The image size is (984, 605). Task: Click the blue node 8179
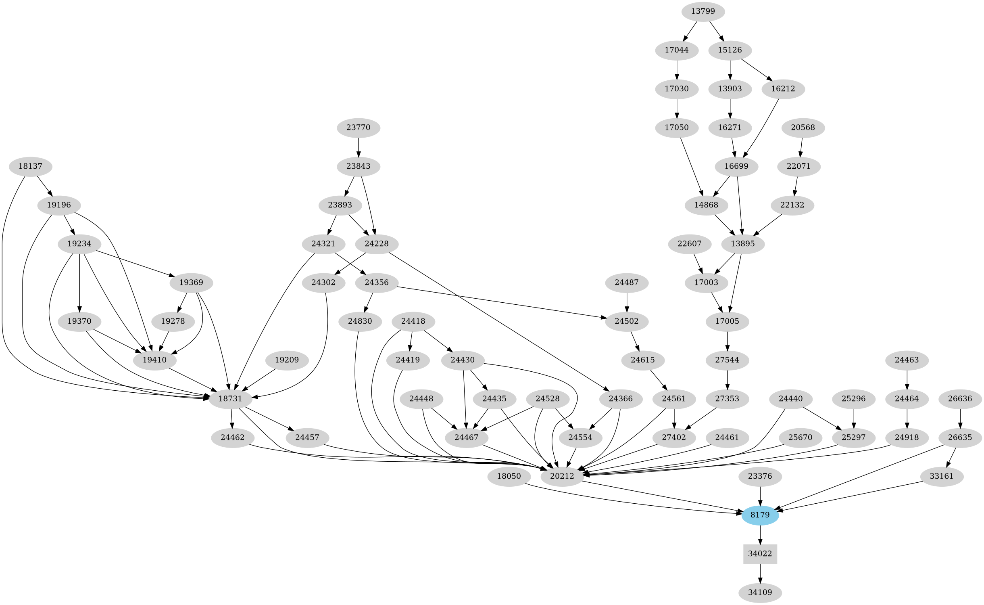point(760,515)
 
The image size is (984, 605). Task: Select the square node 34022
point(760,554)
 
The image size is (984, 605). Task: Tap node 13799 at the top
point(703,11)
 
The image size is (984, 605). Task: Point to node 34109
point(760,592)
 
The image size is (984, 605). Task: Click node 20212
point(562,476)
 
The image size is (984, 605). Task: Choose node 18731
point(230,399)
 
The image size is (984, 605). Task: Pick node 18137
point(30,166)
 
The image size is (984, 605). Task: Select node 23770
point(358,128)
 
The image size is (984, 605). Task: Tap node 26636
point(960,399)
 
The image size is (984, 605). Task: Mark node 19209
point(287,360)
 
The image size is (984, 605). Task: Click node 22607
point(690,244)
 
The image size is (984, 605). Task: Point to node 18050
point(509,476)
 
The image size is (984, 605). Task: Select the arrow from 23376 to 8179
point(760,496)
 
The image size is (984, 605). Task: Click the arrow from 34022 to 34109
point(760,573)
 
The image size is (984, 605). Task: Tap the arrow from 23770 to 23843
point(358,147)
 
